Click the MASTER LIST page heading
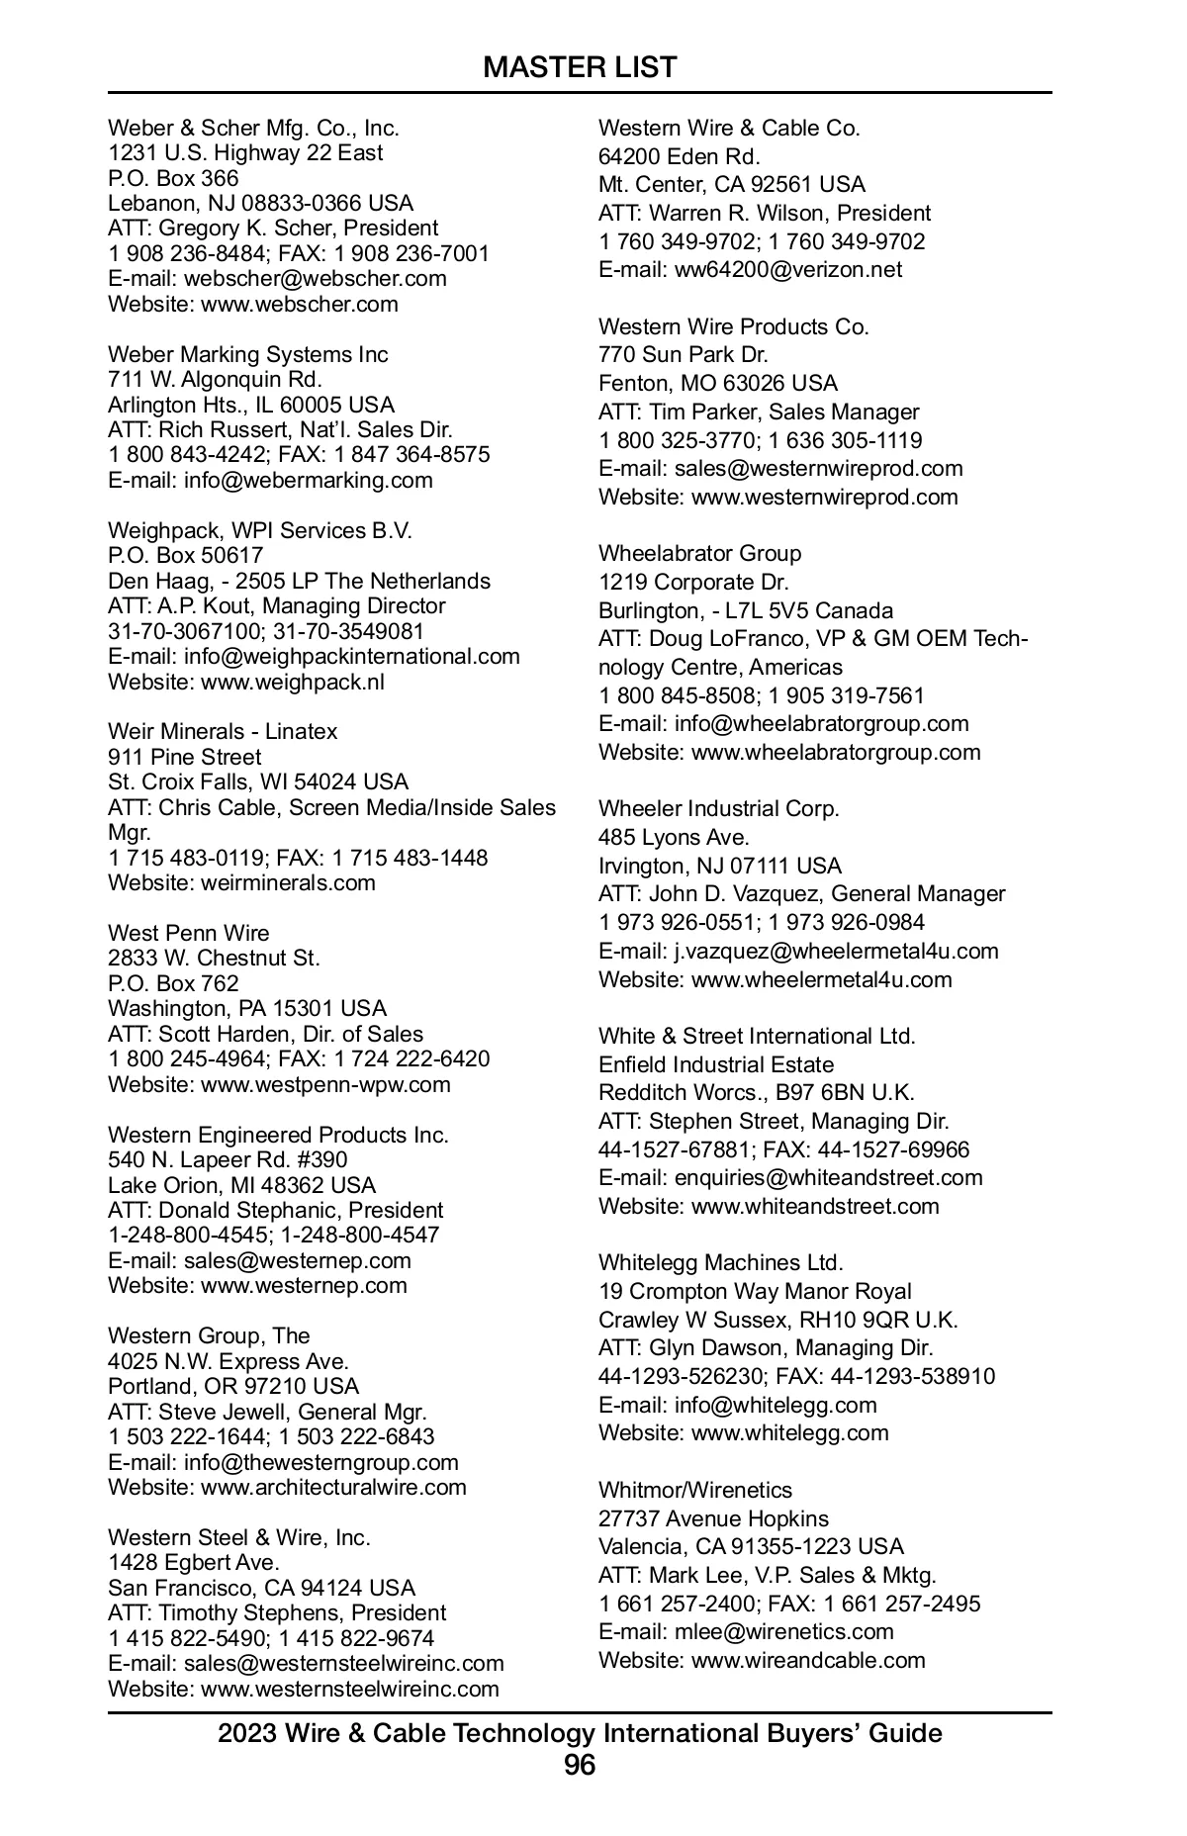[x=580, y=67]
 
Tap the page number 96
[x=580, y=1765]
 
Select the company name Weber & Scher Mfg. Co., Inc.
[x=253, y=128]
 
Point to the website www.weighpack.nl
[x=293, y=682]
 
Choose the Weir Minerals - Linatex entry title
[x=223, y=731]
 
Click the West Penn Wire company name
[x=188, y=933]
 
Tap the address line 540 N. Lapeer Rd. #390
[x=228, y=1159]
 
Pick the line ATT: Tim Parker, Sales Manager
[x=759, y=412]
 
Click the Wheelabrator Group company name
[x=699, y=553]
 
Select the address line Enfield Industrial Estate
[x=716, y=1064]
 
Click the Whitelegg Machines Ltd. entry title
[x=720, y=1262]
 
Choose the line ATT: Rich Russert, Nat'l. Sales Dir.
[x=280, y=429]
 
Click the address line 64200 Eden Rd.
[x=679, y=156]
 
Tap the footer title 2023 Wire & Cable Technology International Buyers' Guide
[x=580, y=1733]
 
